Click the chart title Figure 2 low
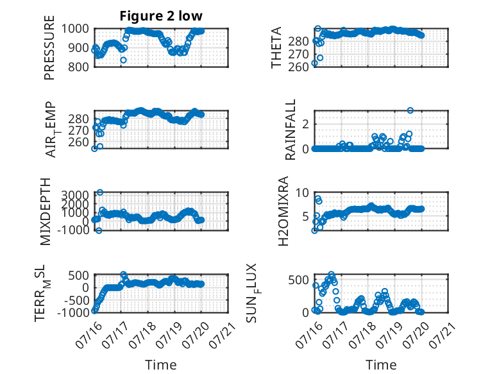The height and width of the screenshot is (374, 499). (x=161, y=16)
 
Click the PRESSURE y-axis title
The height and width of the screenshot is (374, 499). (x=49, y=47)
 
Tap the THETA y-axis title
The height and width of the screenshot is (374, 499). (x=276, y=47)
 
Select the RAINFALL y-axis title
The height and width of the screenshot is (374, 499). (x=291, y=130)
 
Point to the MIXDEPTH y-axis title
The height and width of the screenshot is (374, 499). (x=46, y=212)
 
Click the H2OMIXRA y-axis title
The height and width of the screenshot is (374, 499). (x=283, y=211)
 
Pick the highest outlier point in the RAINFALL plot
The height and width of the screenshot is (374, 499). (x=410, y=110)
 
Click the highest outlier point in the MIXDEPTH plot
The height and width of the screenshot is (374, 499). (x=100, y=192)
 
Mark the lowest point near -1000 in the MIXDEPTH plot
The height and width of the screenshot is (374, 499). (x=99, y=230)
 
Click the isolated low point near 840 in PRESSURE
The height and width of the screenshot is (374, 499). (x=124, y=60)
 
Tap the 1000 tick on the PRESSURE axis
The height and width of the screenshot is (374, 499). (x=75, y=29)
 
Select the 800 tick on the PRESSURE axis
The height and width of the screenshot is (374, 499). (x=79, y=67)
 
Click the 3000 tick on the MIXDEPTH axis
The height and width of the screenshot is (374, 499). (x=75, y=195)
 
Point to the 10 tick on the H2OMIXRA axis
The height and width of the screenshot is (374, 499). (x=302, y=192)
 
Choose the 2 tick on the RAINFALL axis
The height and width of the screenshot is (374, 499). (x=306, y=124)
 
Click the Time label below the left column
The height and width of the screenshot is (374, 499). (x=161, y=365)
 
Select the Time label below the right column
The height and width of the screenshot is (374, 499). (x=381, y=365)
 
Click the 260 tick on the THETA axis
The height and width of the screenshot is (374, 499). (x=298, y=67)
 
